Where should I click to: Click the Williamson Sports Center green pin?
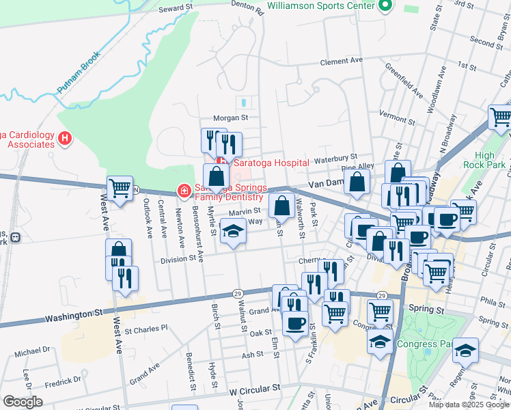385,6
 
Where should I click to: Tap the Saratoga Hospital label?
271,163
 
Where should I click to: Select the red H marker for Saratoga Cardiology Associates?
65,139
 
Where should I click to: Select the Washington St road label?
74,316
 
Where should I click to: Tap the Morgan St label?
230,117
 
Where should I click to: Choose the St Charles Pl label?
146,328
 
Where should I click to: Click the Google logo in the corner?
23,402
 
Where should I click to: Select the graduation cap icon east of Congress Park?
465,351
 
